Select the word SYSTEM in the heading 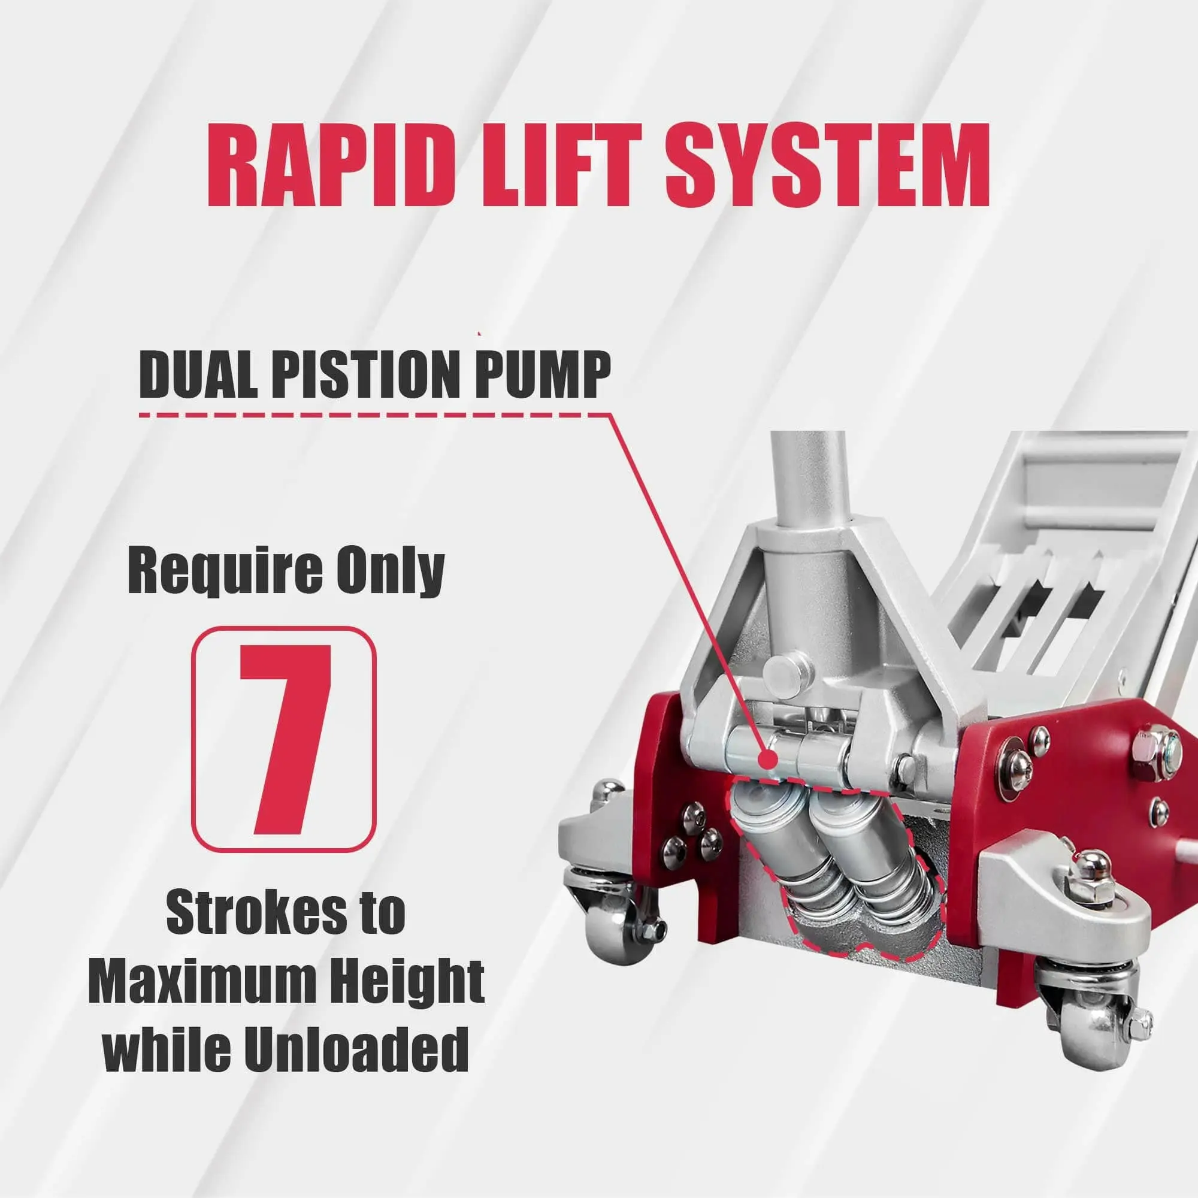(x=827, y=165)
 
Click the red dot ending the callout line (x=768, y=757)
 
